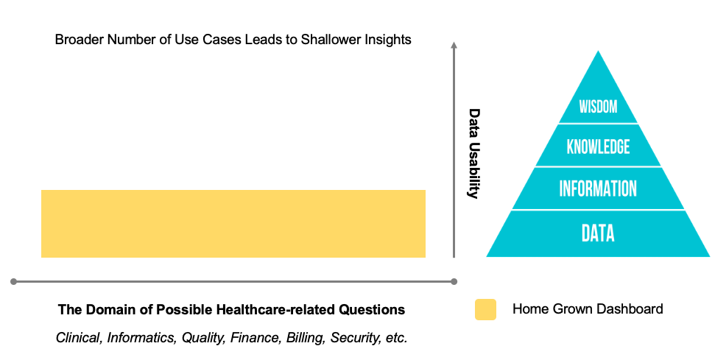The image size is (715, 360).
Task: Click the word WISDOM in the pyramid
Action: click(597, 107)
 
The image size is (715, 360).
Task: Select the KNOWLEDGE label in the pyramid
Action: click(598, 147)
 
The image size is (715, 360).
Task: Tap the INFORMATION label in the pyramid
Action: click(598, 188)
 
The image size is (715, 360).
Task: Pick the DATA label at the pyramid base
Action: click(598, 233)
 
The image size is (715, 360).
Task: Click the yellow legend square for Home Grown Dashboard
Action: click(485, 309)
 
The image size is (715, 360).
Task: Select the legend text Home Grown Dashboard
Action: click(588, 309)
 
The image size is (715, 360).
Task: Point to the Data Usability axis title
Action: click(474, 154)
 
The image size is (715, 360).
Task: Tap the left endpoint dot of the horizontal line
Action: click(13, 281)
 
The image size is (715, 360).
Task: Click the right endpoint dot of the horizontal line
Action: click(454, 281)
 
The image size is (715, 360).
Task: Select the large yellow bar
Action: click(233, 224)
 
